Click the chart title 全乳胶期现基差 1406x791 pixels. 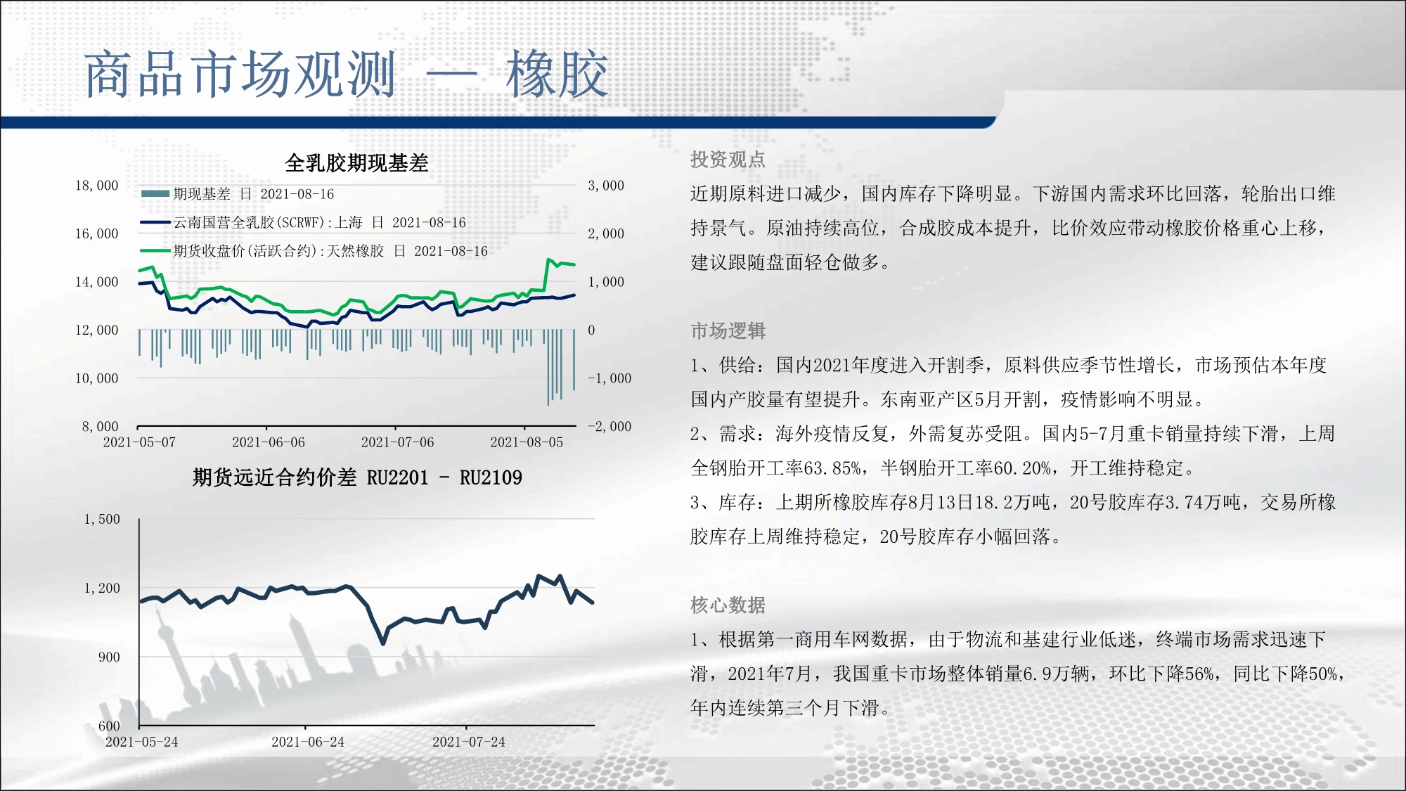pyautogui.click(x=356, y=163)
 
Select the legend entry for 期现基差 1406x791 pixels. pyautogui.click(x=238, y=194)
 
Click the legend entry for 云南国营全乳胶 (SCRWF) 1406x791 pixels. pyautogui.click(x=303, y=223)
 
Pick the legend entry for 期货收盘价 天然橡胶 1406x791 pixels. pyautogui.click(x=314, y=251)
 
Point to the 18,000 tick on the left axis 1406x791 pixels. pyautogui.click(x=97, y=186)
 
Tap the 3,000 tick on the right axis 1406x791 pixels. pyautogui.click(x=606, y=186)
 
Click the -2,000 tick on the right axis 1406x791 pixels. pyautogui.click(x=610, y=427)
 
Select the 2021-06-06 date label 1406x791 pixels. pyautogui.click(x=269, y=442)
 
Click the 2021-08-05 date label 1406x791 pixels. pyautogui.click(x=527, y=442)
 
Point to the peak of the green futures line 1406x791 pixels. pyautogui.click(x=548, y=259)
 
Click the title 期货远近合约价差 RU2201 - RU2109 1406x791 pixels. pyautogui.click(x=357, y=478)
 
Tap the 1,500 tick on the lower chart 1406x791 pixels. pyautogui.click(x=102, y=520)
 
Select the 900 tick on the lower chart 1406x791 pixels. pyautogui.click(x=109, y=657)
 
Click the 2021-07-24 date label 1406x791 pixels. pyautogui.click(x=469, y=742)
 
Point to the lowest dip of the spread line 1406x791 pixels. pyautogui.click(x=383, y=643)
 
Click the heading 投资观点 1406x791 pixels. pyautogui.click(x=728, y=160)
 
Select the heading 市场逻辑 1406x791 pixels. pyautogui.click(x=728, y=330)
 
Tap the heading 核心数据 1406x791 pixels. pyautogui.click(x=728, y=605)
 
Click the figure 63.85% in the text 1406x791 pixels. pyautogui.click(x=832, y=468)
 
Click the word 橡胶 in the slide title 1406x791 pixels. pyautogui.click(x=557, y=75)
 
